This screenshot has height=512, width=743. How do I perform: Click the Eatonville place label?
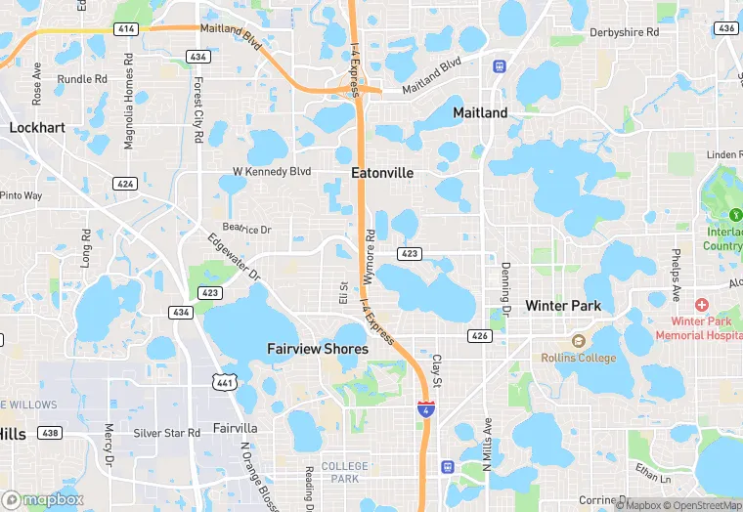pyautogui.click(x=382, y=173)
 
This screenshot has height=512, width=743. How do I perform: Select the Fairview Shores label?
pyautogui.click(x=318, y=349)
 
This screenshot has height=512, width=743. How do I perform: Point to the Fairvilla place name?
pyautogui.click(x=236, y=428)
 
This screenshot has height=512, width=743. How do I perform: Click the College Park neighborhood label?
pyautogui.click(x=344, y=472)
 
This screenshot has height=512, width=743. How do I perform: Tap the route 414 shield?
pyautogui.click(x=125, y=29)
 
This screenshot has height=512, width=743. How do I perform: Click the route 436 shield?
pyautogui.click(x=725, y=29)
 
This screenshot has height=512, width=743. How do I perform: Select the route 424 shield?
pyautogui.click(x=125, y=184)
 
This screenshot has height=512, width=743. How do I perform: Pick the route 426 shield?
pyautogui.click(x=479, y=336)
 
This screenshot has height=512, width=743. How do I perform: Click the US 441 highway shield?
pyautogui.click(x=225, y=382)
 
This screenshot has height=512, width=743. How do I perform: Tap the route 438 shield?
pyautogui.click(x=49, y=432)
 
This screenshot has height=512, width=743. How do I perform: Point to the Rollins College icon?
pyautogui.click(x=578, y=342)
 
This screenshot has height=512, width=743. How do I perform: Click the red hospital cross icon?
pyautogui.click(x=701, y=306)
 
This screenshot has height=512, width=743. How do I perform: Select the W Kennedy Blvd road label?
pyautogui.click(x=271, y=171)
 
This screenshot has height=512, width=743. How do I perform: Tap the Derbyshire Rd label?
pyautogui.click(x=624, y=32)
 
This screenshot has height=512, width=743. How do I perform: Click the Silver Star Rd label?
pyautogui.click(x=166, y=432)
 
